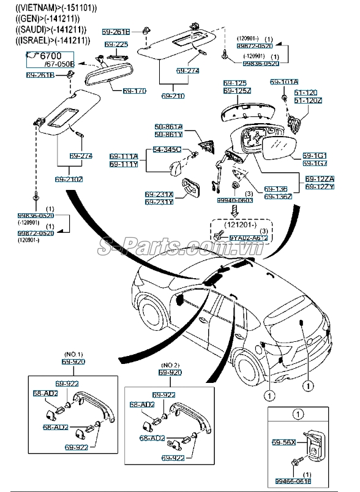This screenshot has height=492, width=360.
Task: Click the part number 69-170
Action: coord(134,91)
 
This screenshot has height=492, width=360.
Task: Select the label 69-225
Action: coord(116,45)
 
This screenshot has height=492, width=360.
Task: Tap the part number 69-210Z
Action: coord(69,179)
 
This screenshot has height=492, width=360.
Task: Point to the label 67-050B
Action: coord(59,64)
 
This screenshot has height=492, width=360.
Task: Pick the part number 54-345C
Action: coord(167,149)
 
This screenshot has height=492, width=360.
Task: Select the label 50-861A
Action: coord(168,127)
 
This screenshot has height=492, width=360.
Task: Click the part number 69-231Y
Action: coord(159,202)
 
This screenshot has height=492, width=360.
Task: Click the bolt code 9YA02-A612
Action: coord(249,237)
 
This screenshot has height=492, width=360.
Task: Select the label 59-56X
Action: coord(283,441)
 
